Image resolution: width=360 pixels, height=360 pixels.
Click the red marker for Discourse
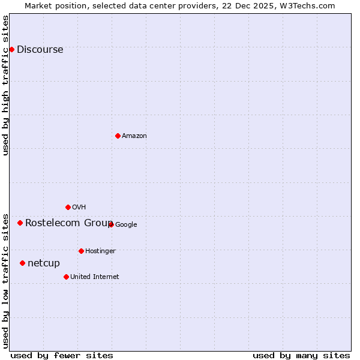click(x=11, y=49)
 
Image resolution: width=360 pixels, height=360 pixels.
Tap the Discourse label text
click(x=40, y=50)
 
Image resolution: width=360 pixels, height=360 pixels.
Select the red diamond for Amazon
click(x=118, y=136)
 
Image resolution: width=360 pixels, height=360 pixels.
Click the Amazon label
click(x=134, y=136)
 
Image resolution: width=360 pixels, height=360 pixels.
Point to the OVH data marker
click(x=68, y=207)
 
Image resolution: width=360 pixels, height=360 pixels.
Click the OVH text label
click(x=79, y=208)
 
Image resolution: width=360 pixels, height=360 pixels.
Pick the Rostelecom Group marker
click(x=20, y=223)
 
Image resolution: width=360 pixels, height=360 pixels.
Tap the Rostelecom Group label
click(x=68, y=223)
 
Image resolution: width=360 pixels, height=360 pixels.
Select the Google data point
click(x=111, y=224)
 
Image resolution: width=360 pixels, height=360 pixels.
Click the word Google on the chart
click(x=126, y=225)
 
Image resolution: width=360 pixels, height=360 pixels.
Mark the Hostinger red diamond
click(x=81, y=251)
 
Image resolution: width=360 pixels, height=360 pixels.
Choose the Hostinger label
click(x=100, y=251)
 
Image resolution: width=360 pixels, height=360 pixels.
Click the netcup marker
click(x=22, y=263)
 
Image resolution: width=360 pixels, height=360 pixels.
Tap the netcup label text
click(x=44, y=263)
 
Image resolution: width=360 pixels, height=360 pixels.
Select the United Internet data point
click(x=66, y=277)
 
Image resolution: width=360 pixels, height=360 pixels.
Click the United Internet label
click(x=94, y=277)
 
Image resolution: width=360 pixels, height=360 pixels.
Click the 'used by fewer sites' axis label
click(x=62, y=356)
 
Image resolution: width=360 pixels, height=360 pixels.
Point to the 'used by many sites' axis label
click(x=301, y=356)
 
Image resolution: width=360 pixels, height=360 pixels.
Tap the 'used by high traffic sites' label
click(x=6, y=85)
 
